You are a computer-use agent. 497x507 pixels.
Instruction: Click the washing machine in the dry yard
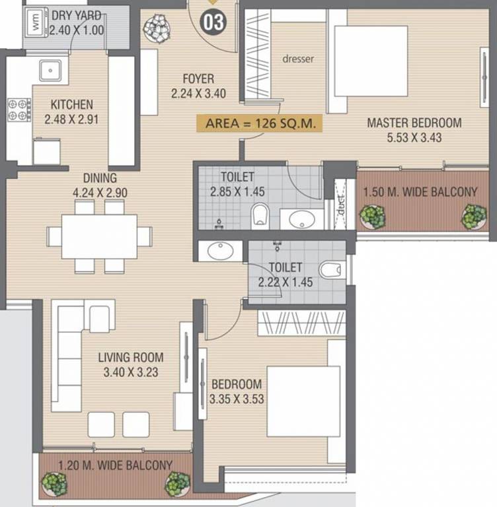(x=36, y=22)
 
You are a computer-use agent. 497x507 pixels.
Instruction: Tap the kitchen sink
(x=50, y=70)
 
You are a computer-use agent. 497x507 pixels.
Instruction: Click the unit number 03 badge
(x=213, y=22)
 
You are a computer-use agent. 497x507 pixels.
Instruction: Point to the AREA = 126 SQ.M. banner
(x=260, y=123)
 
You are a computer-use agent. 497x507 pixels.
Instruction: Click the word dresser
(x=298, y=59)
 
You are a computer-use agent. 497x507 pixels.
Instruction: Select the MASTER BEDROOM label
(x=414, y=123)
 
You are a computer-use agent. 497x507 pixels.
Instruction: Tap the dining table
(x=99, y=237)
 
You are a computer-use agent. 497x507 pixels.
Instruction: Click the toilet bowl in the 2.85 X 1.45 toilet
(x=260, y=214)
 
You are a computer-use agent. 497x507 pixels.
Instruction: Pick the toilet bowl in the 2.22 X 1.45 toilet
(x=330, y=270)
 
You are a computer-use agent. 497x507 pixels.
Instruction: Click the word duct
(x=340, y=205)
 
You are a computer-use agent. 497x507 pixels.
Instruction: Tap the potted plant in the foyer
(x=157, y=28)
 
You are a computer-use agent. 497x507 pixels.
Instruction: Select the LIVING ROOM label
(x=131, y=357)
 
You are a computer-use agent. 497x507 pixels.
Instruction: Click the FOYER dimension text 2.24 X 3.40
(x=198, y=94)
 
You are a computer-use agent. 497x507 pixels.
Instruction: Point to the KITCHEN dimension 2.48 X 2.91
(x=71, y=119)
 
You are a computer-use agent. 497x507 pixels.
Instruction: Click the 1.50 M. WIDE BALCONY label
(x=420, y=192)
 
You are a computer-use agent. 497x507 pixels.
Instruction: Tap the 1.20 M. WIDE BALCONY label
(x=115, y=465)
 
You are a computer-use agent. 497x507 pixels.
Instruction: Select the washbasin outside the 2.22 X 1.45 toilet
(x=220, y=251)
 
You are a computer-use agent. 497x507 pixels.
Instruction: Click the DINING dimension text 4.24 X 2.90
(x=100, y=193)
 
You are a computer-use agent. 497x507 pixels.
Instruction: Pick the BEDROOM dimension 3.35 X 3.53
(x=237, y=399)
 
